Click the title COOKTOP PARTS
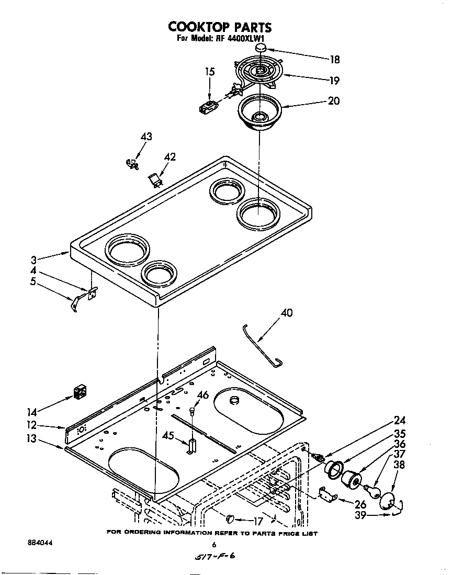(x=220, y=27)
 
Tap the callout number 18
(x=334, y=60)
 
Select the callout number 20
(x=333, y=101)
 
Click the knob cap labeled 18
(x=261, y=49)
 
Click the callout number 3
(x=33, y=259)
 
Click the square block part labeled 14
(x=80, y=391)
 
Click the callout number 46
(x=203, y=395)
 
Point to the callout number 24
(x=400, y=420)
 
